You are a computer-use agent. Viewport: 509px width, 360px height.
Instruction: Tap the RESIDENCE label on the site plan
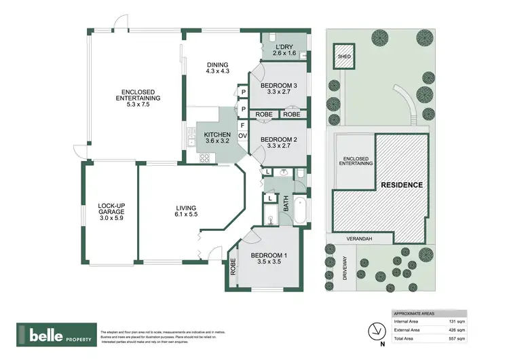click(x=401, y=185)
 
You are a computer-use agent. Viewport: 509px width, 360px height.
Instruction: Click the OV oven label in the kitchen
click(x=242, y=134)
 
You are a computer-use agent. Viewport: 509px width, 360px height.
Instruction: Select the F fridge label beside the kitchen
click(x=242, y=124)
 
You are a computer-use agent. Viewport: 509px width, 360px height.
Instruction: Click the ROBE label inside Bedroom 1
click(x=233, y=267)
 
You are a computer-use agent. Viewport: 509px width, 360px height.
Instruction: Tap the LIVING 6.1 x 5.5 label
click(x=185, y=211)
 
